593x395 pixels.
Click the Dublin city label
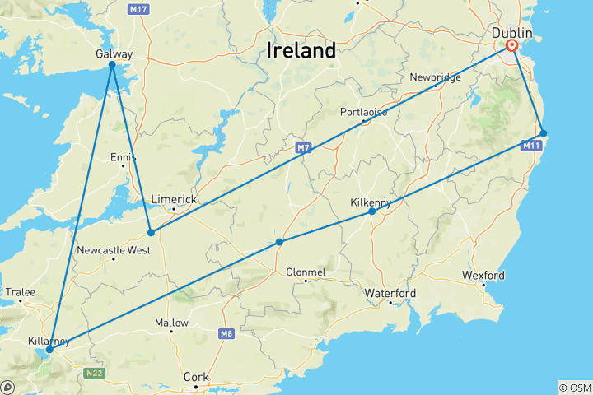pyautogui.click(x=511, y=32)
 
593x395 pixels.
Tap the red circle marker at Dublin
pyautogui.click(x=512, y=46)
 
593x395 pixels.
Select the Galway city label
pyautogui.click(x=114, y=53)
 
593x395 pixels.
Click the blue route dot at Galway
pyautogui.click(x=112, y=64)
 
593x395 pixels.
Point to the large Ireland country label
pyautogui.click(x=301, y=51)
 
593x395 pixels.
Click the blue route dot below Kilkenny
pyautogui.click(x=372, y=211)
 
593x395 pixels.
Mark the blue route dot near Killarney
pyautogui.click(x=49, y=350)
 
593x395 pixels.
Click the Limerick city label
pyautogui.click(x=175, y=200)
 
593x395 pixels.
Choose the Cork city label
pyautogui.click(x=196, y=377)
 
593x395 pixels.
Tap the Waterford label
pyautogui.click(x=390, y=293)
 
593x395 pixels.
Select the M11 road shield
pyautogui.click(x=531, y=146)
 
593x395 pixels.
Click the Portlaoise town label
pyautogui.click(x=363, y=112)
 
